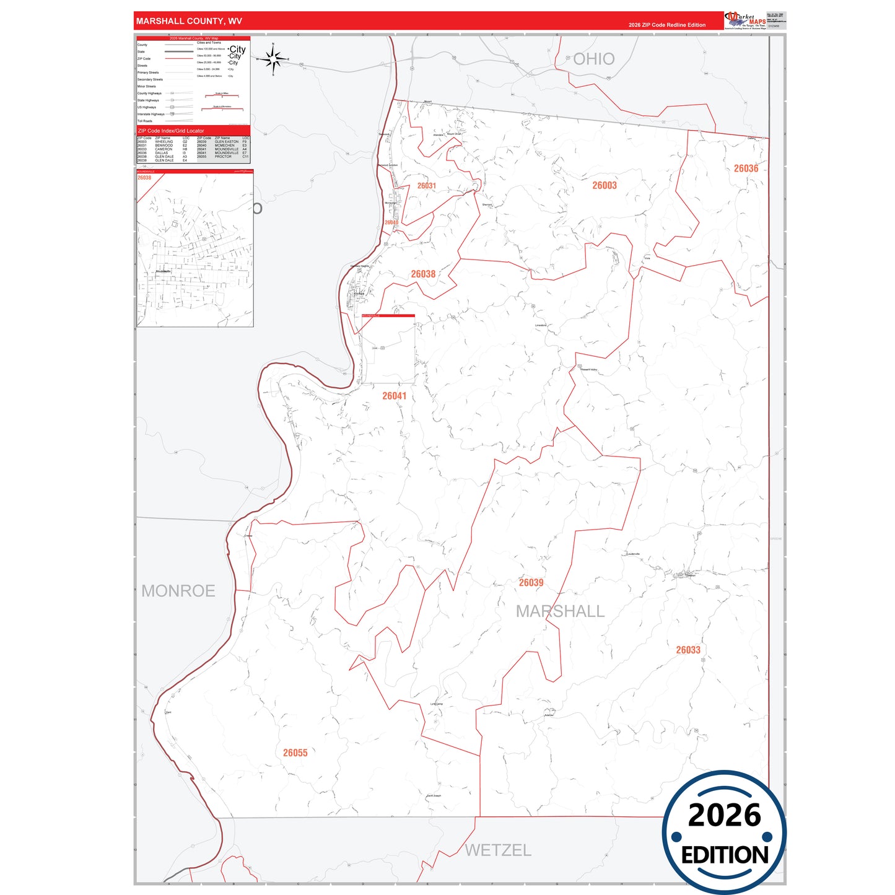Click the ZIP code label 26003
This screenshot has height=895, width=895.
tap(604, 185)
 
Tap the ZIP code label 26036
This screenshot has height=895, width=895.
tap(746, 168)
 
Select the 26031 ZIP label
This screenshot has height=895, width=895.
tap(426, 186)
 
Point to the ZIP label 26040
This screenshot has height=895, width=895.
tap(391, 222)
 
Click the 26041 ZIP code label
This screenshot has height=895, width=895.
tap(394, 396)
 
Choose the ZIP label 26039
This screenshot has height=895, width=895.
tap(531, 583)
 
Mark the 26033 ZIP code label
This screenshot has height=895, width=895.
tap(688, 650)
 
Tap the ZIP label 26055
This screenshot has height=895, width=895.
tap(295, 753)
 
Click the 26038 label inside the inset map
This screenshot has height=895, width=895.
tap(144, 178)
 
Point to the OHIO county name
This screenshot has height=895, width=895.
tap(593, 59)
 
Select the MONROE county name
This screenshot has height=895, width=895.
tap(178, 591)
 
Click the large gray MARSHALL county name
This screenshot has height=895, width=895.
tap(560, 611)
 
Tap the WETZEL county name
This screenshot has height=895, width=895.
tap(498, 850)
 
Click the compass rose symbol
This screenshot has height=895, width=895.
tap(273, 59)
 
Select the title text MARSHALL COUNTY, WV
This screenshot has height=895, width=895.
tap(189, 21)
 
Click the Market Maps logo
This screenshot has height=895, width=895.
tap(745, 20)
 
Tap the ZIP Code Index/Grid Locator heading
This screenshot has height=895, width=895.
tap(171, 131)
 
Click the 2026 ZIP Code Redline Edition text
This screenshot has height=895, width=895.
tap(666, 25)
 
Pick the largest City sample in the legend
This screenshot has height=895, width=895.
tap(237, 49)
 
